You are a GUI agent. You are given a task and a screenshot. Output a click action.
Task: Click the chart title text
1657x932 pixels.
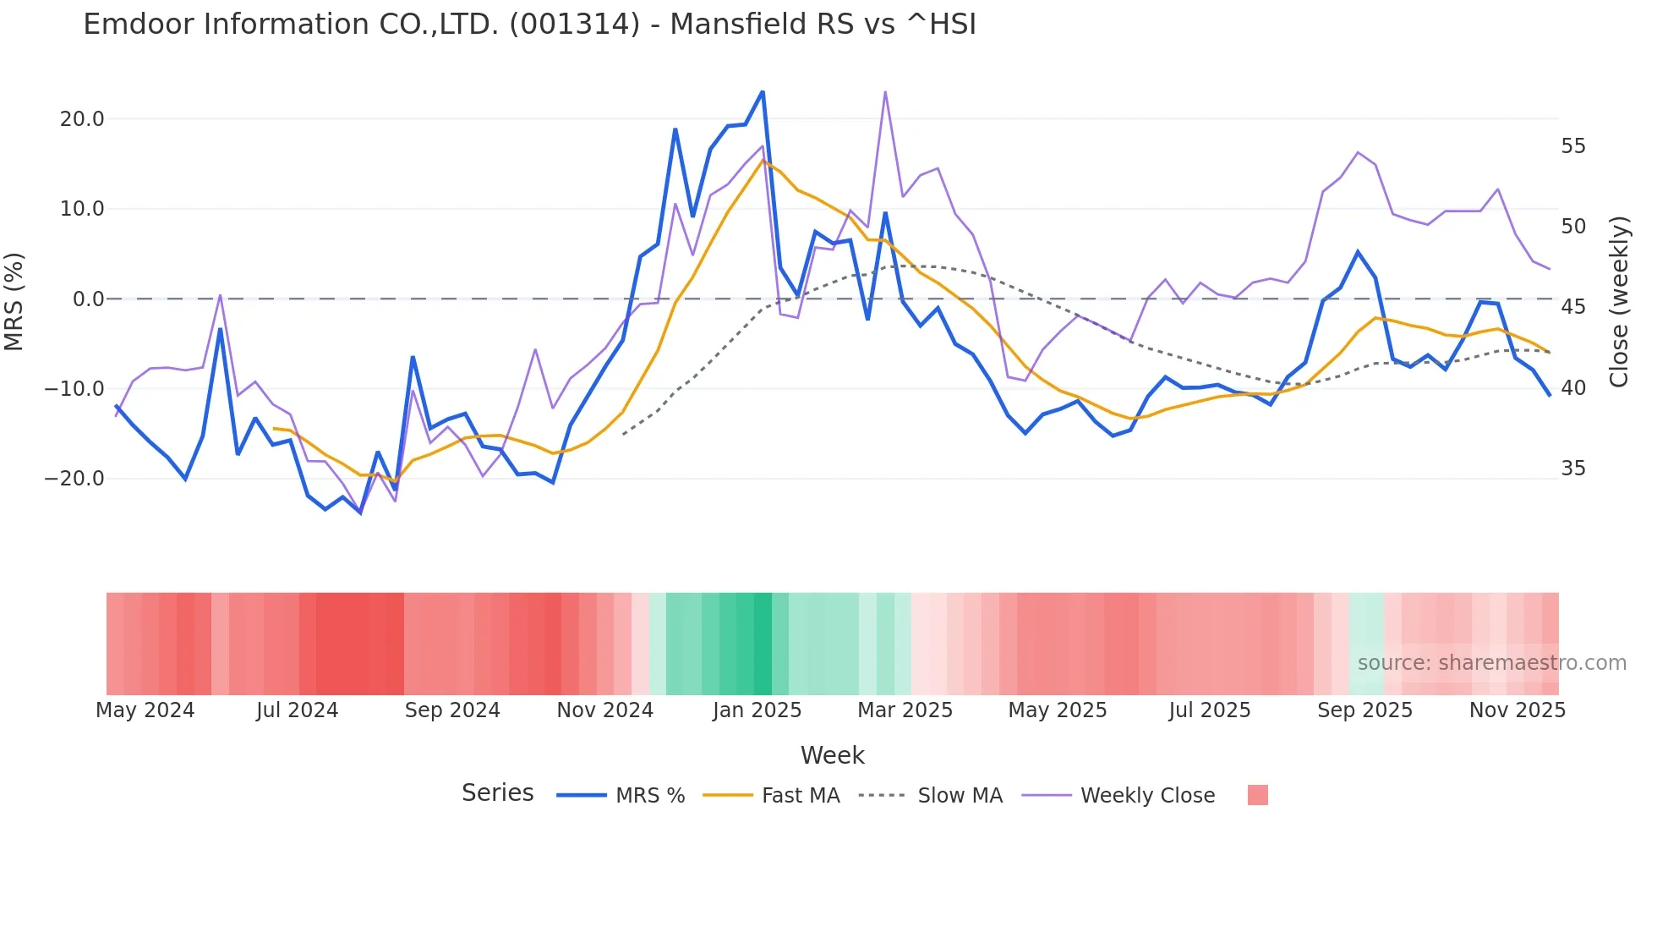pos(529,25)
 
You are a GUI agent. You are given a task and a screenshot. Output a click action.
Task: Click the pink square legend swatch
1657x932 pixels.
pos(1257,795)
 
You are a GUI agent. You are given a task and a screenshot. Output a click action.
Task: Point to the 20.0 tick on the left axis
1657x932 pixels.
pos(82,119)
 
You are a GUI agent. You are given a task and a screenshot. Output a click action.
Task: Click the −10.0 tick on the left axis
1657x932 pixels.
pos(75,389)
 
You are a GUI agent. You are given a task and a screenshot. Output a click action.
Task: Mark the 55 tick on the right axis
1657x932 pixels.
pos(1573,146)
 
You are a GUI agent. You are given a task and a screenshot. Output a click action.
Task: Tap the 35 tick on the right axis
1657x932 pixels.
pos(1573,469)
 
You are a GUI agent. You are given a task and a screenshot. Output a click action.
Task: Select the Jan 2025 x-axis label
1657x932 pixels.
pos(757,710)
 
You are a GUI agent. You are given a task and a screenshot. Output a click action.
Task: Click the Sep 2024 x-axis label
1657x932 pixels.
pos(452,710)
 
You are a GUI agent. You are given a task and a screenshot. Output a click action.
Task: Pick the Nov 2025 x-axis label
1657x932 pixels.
pos(1517,710)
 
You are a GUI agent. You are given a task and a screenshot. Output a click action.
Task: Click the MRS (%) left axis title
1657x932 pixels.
pos(14,301)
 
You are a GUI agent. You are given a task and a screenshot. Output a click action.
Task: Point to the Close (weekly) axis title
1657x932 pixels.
pos(1618,302)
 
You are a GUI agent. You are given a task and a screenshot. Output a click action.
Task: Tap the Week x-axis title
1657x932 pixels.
pos(832,755)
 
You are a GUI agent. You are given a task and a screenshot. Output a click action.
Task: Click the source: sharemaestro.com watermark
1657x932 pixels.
pos(1491,663)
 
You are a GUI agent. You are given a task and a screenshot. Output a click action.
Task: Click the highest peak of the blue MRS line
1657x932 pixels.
pos(763,91)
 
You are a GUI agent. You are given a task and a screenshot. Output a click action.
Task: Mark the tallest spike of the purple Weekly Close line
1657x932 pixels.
pos(885,91)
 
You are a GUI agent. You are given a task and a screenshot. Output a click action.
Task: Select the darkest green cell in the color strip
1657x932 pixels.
pos(763,644)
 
